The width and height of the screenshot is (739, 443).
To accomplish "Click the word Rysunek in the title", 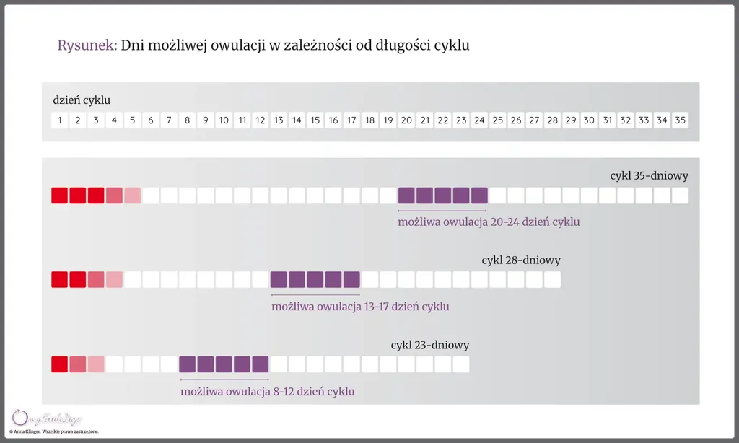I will tap(87, 45).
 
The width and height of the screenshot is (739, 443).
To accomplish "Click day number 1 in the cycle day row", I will tap(59, 120).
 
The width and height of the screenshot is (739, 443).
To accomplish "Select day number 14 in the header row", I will tap(297, 120).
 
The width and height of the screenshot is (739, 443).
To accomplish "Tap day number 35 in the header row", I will tap(680, 120).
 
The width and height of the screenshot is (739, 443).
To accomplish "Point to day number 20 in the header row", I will tap(406, 120).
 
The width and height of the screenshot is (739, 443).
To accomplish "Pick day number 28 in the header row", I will tap(552, 120).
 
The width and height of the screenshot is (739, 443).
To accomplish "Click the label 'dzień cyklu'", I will tap(82, 100).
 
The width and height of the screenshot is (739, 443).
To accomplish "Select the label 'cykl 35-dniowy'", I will tap(649, 175).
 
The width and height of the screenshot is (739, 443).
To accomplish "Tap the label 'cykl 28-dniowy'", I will tap(521, 260).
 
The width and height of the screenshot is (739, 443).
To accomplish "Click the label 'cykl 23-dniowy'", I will tap(430, 345).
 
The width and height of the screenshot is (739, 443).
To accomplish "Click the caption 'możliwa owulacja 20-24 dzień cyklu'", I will tap(489, 222).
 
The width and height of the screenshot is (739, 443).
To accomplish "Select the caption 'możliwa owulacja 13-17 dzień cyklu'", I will tap(360, 307).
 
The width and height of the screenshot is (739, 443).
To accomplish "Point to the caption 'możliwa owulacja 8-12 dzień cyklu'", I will tap(267, 392).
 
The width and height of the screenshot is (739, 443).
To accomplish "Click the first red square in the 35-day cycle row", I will tap(59, 196).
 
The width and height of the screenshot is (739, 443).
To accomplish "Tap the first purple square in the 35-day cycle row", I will tap(406, 196).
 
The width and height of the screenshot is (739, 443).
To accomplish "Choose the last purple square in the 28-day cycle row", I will tap(351, 280).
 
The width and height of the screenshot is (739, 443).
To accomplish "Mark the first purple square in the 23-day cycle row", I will tap(188, 364).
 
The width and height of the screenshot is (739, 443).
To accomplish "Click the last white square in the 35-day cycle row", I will tap(680, 196).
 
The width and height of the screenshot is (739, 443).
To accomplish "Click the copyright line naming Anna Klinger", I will tap(53, 431).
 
